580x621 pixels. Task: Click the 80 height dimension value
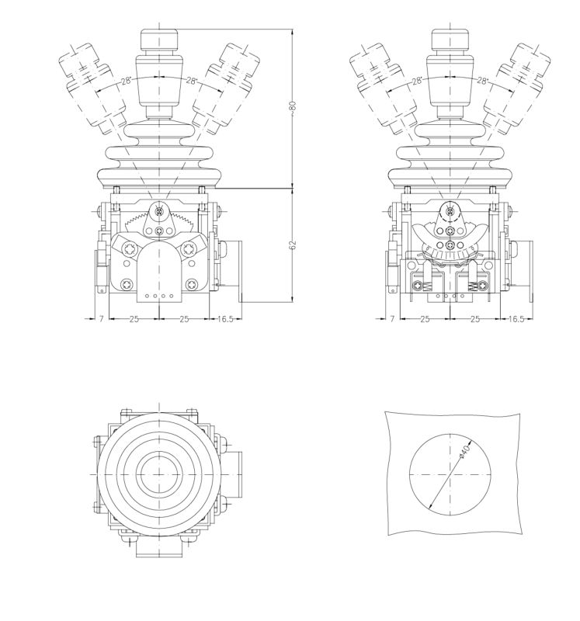coord(293,106)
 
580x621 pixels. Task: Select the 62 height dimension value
coord(293,245)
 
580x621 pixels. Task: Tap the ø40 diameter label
coord(464,450)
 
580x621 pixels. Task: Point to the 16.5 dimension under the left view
coord(225,319)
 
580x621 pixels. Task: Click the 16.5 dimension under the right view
coord(516,319)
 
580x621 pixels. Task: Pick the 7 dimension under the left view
coord(101,319)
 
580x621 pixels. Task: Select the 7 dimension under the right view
coord(392,319)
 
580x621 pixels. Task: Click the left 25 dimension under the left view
coord(134,319)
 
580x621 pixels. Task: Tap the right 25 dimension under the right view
coord(474,319)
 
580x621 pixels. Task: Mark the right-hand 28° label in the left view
coord(192,80)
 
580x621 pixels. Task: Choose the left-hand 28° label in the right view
coord(417,80)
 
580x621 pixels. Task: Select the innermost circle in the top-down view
coord(158,474)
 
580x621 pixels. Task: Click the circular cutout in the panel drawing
coord(450,474)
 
